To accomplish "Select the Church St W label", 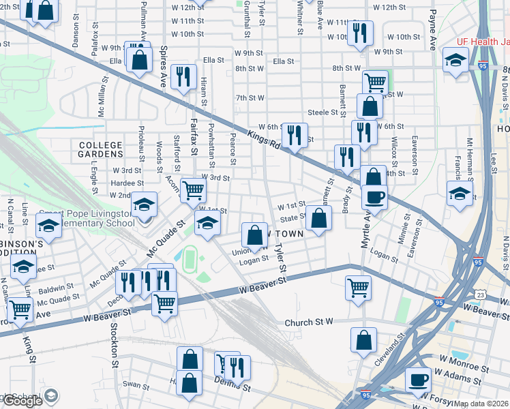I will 308,322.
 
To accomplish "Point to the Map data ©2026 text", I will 481,404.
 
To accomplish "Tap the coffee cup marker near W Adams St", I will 418,379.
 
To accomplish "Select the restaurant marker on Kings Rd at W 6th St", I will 295,134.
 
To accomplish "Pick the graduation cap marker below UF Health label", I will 455,59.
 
